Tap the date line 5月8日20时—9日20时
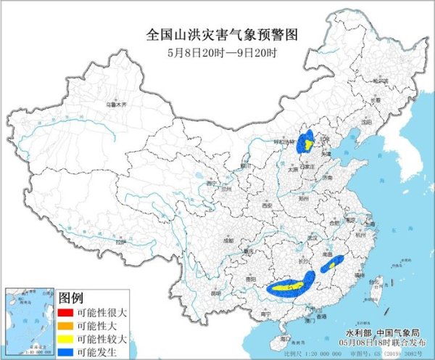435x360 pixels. [217, 52]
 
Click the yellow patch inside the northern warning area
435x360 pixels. [307, 144]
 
